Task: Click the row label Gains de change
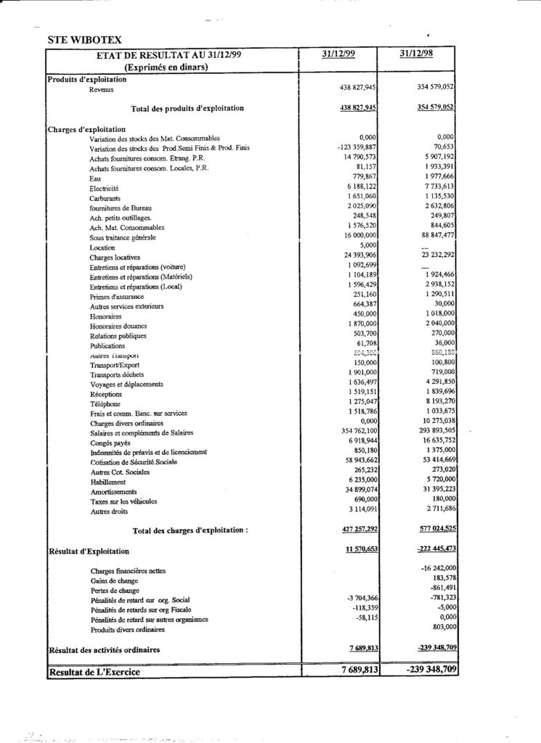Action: pyautogui.click(x=114, y=581)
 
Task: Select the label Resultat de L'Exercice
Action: pyautogui.click(x=94, y=672)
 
